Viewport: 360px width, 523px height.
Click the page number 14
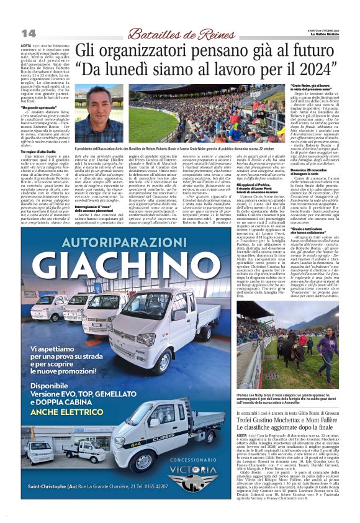point(29,32)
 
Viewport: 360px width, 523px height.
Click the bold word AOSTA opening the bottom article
point(244,437)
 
